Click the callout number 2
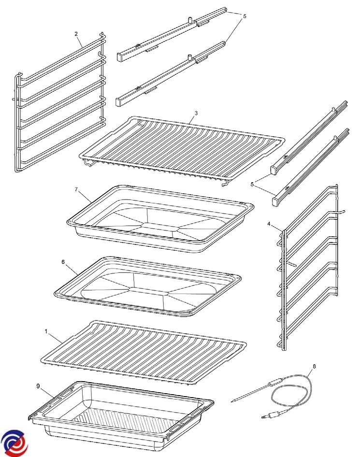[76, 34]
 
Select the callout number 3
[196, 113]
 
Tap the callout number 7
[76, 189]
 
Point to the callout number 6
[63, 262]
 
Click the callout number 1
[46, 332]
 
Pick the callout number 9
[38, 386]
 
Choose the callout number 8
[314, 366]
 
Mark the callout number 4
[269, 224]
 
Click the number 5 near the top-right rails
[245, 16]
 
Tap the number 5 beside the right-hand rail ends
[252, 184]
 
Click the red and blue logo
[14, 443]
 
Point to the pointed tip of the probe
[232, 401]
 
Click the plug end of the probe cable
[266, 417]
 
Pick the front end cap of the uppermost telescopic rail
[121, 57]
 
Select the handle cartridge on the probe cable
[276, 382]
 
